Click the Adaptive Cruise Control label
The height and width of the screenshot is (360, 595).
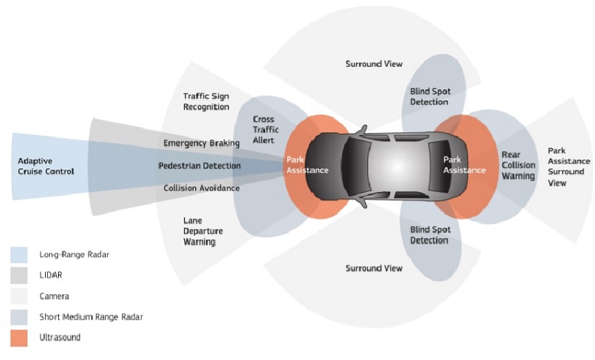tap(46, 166)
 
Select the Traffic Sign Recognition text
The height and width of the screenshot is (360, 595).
tap(206, 102)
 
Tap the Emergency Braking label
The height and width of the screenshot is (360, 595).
tap(201, 143)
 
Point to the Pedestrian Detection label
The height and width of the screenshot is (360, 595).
tap(199, 165)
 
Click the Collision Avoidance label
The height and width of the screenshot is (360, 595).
tap(201, 188)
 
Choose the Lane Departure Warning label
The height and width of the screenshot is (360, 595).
tap(203, 231)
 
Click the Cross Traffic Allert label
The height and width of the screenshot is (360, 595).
tap(266, 130)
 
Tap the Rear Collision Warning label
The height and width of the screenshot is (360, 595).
tap(518, 165)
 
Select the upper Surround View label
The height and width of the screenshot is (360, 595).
tap(374, 64)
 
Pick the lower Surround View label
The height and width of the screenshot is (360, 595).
tap(374, 268)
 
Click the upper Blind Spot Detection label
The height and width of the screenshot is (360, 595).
tap(430, 96)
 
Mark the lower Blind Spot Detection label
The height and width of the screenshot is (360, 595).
tap(430, 235)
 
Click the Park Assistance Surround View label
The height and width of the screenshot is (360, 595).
tap(569, 167)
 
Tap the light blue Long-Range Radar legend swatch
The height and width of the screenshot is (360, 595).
tap(19, 255)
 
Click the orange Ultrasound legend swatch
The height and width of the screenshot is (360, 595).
tap(19, 338)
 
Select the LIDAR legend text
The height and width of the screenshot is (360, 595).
tap(51, 275)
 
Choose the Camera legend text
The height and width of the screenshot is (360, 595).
tap(54, 296)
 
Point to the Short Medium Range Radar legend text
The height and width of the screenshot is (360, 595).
tap(91, 316)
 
